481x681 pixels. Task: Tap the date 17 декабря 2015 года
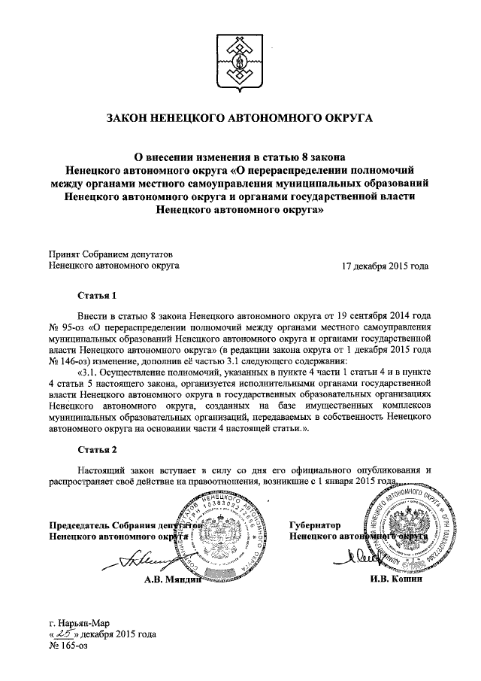point(385,266)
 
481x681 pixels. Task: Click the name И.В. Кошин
point(396,579)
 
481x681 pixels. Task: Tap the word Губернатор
point(315,524)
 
